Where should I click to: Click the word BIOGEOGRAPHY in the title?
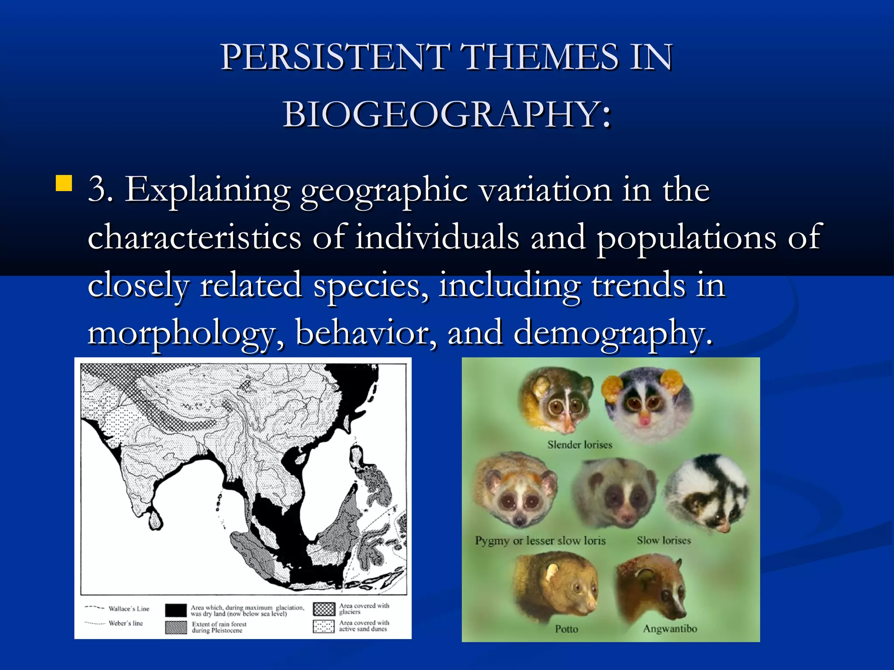coord(447,114)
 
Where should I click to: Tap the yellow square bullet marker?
coord(64,183)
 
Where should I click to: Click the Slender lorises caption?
coord(580,444)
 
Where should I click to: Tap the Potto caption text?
coord(566,629)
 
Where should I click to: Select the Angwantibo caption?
coord(670,629)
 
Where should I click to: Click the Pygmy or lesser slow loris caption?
coord(540,540)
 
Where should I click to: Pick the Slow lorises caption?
coord(664,540)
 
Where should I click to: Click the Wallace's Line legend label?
coord(129,608)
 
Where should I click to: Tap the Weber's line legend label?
coord(126,623)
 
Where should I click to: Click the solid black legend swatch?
coord(176,610)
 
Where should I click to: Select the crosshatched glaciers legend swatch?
coord(324,609)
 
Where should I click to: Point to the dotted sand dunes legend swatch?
coord(324,626)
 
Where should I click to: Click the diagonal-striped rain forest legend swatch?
coord(176,627)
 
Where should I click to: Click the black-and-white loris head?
coord(707,493)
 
